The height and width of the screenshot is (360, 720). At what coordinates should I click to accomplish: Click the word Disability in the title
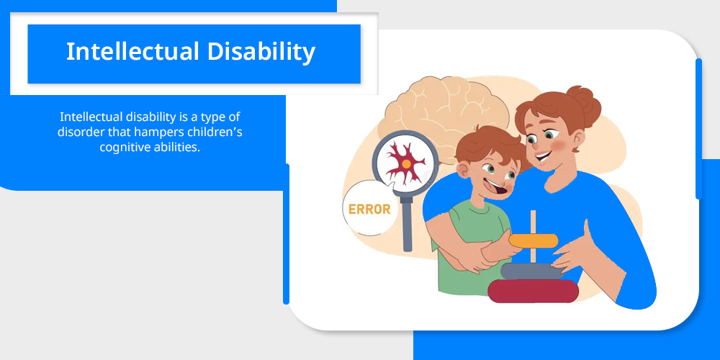coord(261,51)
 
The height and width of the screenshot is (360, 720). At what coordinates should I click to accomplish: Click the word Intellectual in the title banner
coord(133,51)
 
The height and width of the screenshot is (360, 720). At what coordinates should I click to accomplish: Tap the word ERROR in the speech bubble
coord(369,210)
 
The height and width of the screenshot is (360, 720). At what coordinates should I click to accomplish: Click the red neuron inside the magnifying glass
coord(405,163)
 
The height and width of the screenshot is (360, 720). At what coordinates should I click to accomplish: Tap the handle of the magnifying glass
coord(407,224)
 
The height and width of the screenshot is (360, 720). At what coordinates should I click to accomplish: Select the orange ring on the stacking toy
coord(533,240)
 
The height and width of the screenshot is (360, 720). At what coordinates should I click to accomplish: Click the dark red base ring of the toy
coord(533,291)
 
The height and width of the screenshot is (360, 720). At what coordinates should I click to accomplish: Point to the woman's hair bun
coord(585,102)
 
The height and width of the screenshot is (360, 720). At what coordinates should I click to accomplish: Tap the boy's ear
coord(462,171)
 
